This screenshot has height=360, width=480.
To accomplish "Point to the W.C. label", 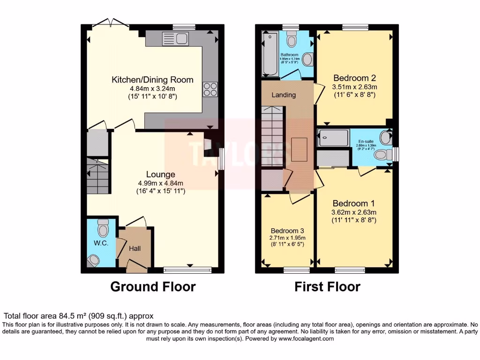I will pos(101,243).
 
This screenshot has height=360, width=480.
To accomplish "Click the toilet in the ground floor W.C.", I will pos(102,228).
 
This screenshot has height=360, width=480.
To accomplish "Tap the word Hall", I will pos(135,248).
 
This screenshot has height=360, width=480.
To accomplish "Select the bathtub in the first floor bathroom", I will pos(270,54).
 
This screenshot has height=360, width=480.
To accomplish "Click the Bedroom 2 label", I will pos(354,78).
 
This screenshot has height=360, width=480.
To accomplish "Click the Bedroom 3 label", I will pos(287,231).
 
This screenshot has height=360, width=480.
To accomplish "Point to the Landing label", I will pos(284,95).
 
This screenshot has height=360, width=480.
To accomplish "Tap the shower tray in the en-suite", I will pos(333,138).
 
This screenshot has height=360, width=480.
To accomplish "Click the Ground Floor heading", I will pos(153,286).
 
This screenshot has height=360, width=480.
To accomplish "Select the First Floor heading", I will pos(327,286).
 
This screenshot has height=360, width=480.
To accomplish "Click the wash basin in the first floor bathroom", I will pos(308,59).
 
